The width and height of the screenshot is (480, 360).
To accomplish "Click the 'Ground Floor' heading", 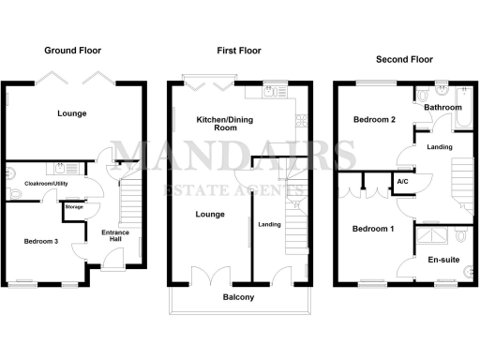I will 73,50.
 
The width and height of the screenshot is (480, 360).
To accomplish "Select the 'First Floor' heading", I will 238,50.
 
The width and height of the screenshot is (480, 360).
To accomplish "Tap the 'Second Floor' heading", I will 405,58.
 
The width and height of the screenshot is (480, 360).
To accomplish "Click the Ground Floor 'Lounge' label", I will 71,113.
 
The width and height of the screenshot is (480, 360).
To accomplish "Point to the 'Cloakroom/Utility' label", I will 47,184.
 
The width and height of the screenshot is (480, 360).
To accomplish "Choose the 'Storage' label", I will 74,206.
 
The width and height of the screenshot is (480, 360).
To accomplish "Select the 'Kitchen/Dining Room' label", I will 221,124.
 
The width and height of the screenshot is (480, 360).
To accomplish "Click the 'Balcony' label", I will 238,298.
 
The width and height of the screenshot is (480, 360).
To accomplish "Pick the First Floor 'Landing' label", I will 270,224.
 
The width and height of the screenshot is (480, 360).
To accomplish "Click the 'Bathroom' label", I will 442,108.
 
